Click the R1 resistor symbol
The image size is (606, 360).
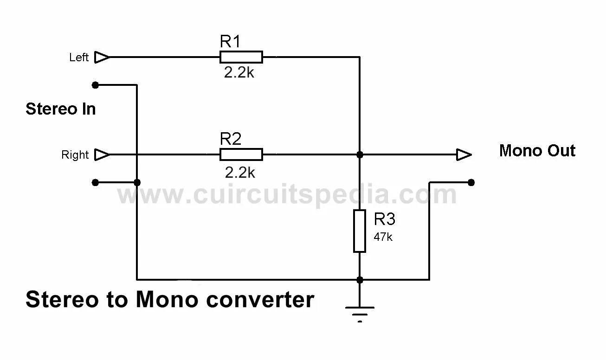click(x=241, y=57)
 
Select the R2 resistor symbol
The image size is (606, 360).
click(x=241, y=154)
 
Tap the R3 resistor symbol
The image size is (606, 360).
click(x=360, y=231)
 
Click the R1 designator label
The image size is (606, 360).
click(x=230, y=42)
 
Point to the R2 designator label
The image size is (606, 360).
click(x=231, y=139)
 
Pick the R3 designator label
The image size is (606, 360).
click(x=385, y=219)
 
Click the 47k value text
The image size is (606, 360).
click(x=383, y=237)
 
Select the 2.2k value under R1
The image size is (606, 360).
click(x=239, y=73)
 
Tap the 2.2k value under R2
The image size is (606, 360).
click(x=240, y=173)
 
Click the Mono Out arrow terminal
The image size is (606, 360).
click(x=464, y=154)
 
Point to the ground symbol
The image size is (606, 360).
click(x=360, y=312)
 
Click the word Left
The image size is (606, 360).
click(x=79, y=58)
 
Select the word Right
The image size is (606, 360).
click(x=75, y=155)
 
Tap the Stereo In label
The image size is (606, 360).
click(x=61, y=109)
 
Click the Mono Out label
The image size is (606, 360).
click(x=537, y=151)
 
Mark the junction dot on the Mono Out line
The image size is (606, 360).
click(x=360, y=154)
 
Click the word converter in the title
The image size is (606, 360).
click(x=260, y=300)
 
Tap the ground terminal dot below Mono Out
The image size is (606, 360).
click(x=471, y=183)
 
